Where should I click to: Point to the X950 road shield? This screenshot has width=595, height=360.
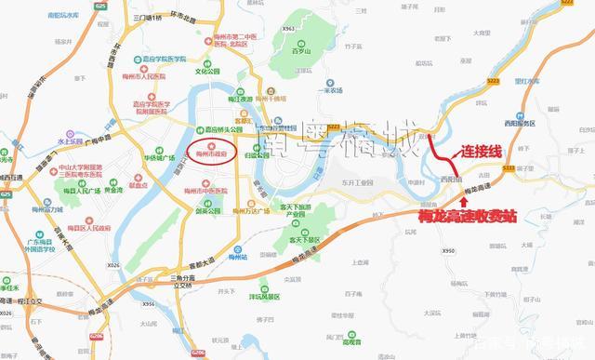449,251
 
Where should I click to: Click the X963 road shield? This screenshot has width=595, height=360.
288,29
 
